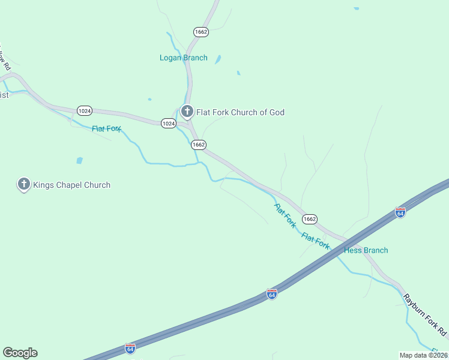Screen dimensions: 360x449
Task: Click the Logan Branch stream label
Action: pos(184,58)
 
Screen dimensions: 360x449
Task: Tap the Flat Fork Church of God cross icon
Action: pos(187,112)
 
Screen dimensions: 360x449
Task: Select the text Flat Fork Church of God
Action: pos(240,112)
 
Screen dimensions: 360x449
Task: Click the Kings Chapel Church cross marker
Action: pos(24,184)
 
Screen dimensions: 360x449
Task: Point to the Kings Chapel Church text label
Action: pos(72,185)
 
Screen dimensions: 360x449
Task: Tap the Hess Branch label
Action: pos(366,250)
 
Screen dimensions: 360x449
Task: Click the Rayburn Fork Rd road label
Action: pos(425,314)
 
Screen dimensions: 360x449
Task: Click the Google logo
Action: pos(20,353)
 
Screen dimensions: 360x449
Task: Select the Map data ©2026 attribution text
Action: pos(423,355)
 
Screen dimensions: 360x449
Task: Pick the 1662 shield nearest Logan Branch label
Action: pos(201,32)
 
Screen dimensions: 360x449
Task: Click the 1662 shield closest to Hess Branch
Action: pos(310,219)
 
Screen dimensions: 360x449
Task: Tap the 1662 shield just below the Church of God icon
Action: pos(199,145)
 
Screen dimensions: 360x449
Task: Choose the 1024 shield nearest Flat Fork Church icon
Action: pos(168,124)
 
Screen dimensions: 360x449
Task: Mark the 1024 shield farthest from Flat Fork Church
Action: pos(85,110)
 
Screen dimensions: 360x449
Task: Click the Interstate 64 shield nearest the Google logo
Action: pos(130,348)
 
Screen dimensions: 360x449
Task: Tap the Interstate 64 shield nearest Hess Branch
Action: pos(400,212)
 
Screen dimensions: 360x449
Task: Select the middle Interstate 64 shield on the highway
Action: pos(272,294)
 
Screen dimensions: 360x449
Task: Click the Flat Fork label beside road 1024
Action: pos(107,128)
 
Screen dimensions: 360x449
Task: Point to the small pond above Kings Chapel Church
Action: pos(79,161)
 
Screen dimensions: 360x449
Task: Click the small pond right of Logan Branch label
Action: pos(218,59)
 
